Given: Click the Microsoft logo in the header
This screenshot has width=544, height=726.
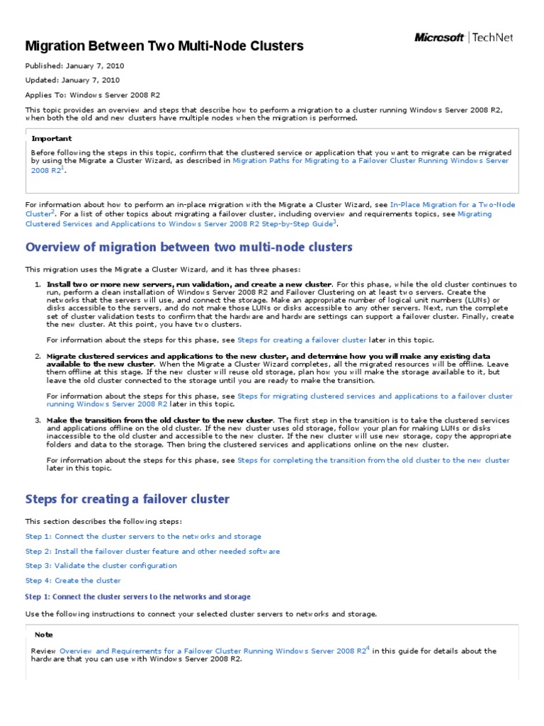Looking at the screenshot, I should (439, 38).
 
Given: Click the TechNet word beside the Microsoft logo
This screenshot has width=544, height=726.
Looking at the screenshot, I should (493, 38).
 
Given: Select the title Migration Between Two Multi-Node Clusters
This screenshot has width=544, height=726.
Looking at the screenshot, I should (164, 46).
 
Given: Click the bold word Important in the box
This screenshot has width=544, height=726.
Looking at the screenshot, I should (51, 139).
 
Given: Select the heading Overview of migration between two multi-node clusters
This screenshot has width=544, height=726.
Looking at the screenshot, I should (188, 247).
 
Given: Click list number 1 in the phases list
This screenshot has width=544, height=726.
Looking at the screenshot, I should (38, 284).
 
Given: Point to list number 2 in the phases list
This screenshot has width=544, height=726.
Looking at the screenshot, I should (38, 356).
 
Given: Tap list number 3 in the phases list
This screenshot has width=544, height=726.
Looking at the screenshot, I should (38, 420).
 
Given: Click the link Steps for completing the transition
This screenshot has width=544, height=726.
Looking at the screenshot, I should (373, 460).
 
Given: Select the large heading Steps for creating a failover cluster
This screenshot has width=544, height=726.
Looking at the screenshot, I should (127, 499).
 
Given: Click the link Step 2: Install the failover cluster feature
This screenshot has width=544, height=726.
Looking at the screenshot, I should (152, 551).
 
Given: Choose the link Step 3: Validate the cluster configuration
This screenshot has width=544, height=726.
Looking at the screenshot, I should (101, 566).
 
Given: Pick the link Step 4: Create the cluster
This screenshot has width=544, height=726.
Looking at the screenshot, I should (73, 580).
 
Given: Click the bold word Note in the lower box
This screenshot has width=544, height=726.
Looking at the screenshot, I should (43, 635).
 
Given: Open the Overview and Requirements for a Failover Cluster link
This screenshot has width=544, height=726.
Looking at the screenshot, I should (213, 651).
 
